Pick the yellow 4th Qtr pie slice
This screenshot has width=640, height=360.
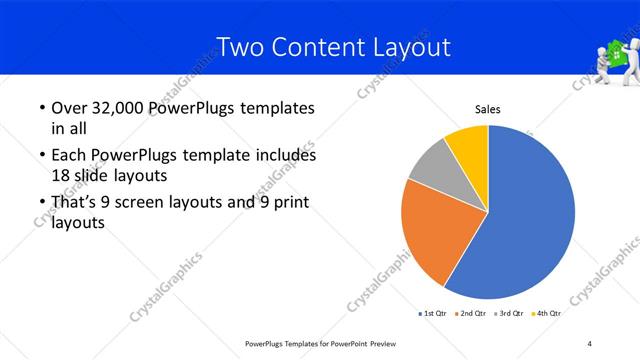(468, 146)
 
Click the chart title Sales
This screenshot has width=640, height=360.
(487, 111)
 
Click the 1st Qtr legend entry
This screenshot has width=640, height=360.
(435, 314)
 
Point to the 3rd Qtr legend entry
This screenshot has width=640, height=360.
(511, 314)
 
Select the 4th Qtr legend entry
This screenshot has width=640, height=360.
(547, 314)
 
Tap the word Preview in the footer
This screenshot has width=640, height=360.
(381, 344)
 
